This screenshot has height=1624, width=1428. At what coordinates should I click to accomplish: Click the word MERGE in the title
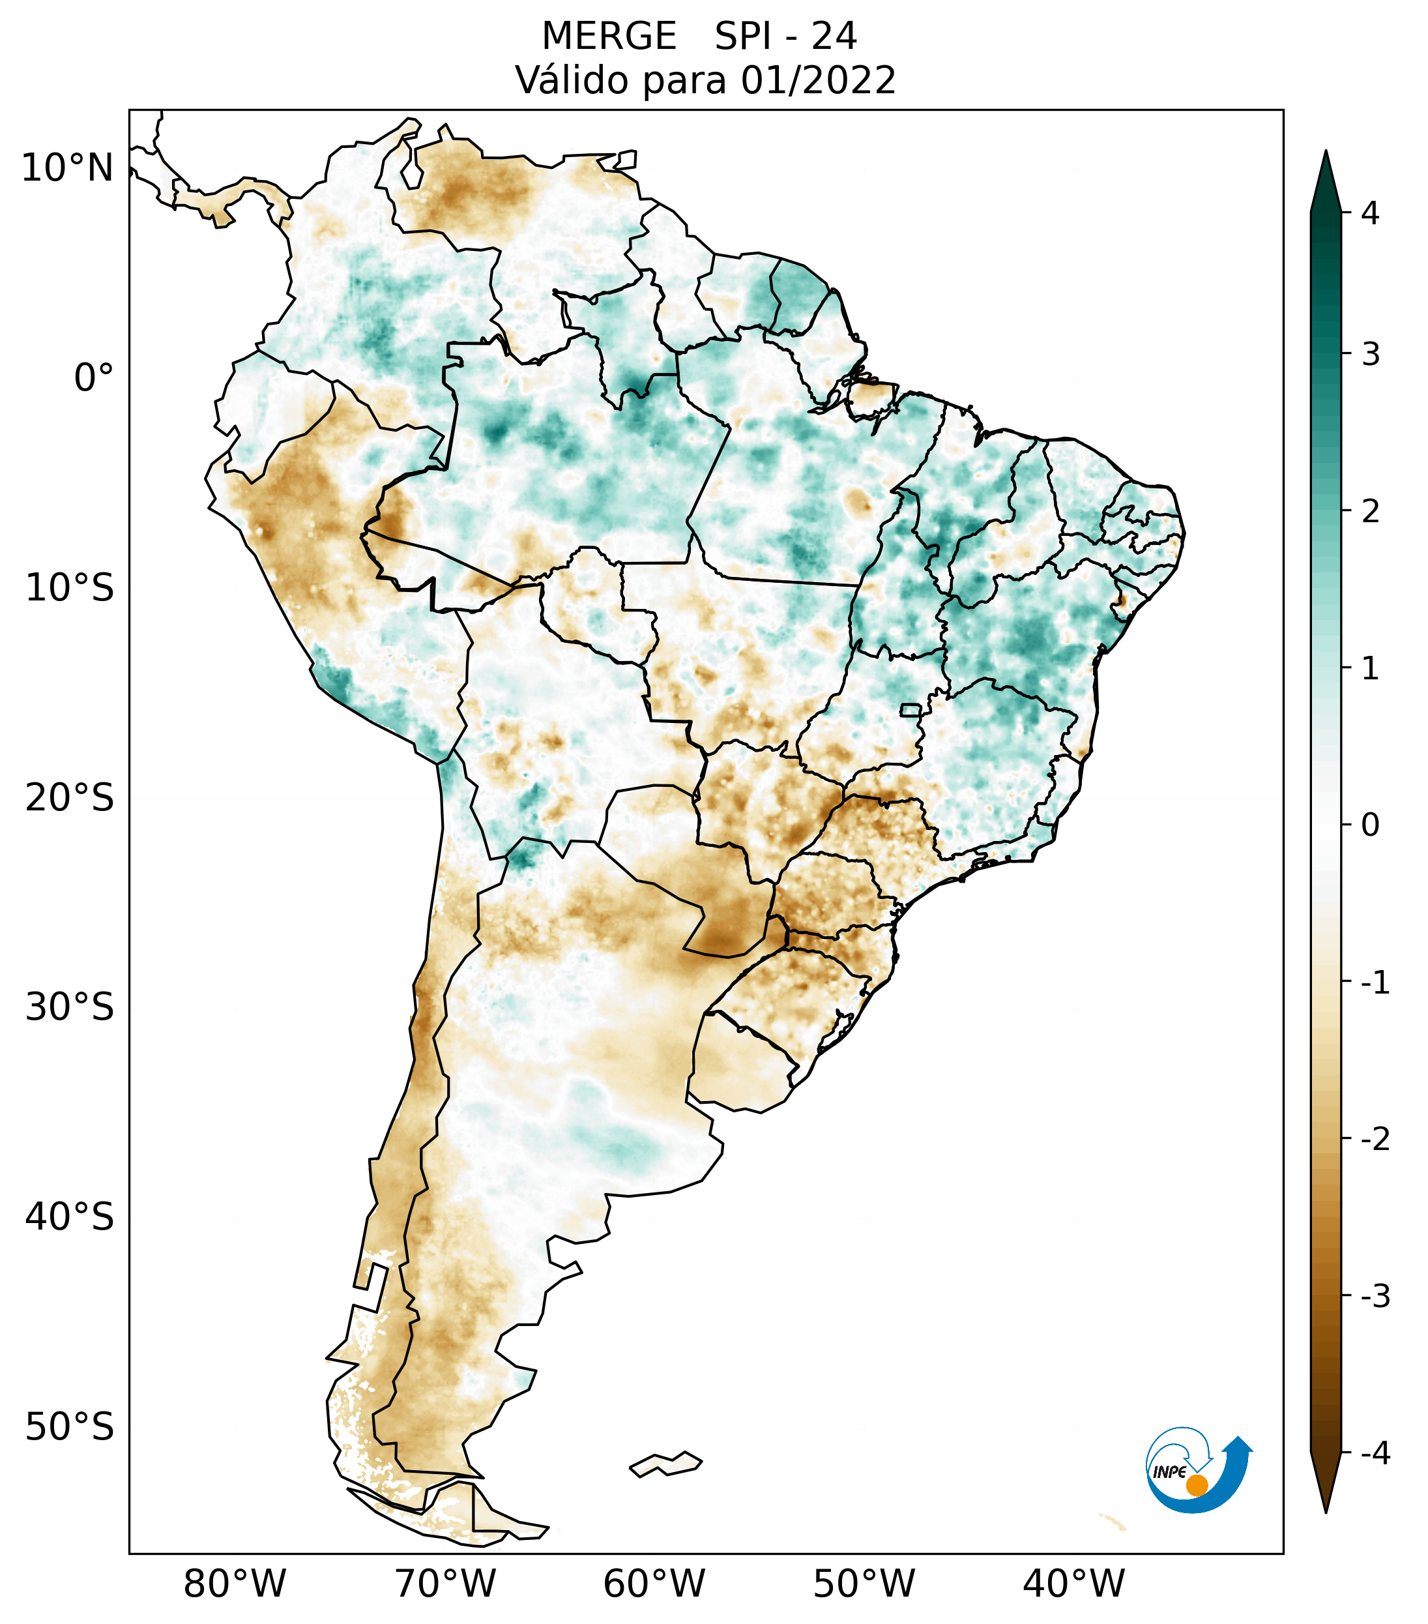pyautogui.click(x=608, y=37)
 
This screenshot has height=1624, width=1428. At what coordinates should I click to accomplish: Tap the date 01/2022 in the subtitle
pyautogui.click(x=818, y=80)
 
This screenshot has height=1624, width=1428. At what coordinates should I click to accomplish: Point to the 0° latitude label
pyautogui.click(x=93, y=378)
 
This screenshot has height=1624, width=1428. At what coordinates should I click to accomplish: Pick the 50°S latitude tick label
pyautogui.click(x=70, y=1428)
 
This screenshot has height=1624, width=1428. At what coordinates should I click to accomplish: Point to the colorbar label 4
pyautogui.click(x=1370, y=213)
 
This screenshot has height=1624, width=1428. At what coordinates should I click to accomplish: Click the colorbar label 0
pyautogui.click(x=1370, y=825)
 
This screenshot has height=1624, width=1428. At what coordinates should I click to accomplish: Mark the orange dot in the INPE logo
pyautogui.click(x=1196, y=1485)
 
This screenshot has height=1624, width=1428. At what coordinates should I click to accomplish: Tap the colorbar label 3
pyautogui.click(x=1370, y=355)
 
